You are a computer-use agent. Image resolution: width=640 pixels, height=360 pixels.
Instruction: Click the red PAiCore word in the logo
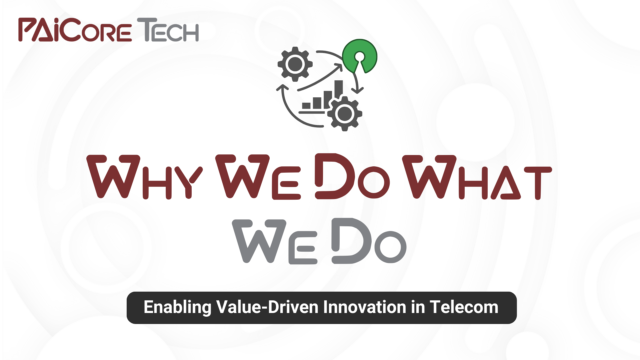[75, 30]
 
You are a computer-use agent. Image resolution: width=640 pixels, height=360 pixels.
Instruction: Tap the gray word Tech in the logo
[168, 30]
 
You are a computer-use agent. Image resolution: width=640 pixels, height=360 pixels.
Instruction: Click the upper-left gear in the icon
[295, 64]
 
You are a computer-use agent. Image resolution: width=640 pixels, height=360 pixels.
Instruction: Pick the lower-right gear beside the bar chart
[345, 114]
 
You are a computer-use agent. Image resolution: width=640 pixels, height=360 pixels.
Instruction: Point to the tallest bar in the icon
[339, 90]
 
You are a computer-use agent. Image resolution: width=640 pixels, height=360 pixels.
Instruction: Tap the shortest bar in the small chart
[306, 106]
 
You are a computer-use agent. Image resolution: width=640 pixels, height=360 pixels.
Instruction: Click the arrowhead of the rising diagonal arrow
[338, 67]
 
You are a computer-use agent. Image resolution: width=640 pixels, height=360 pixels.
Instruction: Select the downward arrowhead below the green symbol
[357, 90]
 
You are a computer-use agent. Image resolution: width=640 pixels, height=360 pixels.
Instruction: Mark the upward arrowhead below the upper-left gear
[283, 87]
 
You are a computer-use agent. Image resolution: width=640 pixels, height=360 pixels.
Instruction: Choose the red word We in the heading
[258, 177]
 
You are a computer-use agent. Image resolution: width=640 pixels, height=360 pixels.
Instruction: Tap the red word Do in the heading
[352, 176]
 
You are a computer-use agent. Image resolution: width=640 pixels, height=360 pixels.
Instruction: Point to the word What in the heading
[477, 177]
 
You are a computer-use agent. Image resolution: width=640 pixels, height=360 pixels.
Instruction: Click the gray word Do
[369, 241]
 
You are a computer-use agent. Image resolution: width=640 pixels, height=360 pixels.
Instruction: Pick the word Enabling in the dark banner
[177, 307]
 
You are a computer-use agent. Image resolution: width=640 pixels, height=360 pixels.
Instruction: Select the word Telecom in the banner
[464, 307]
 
